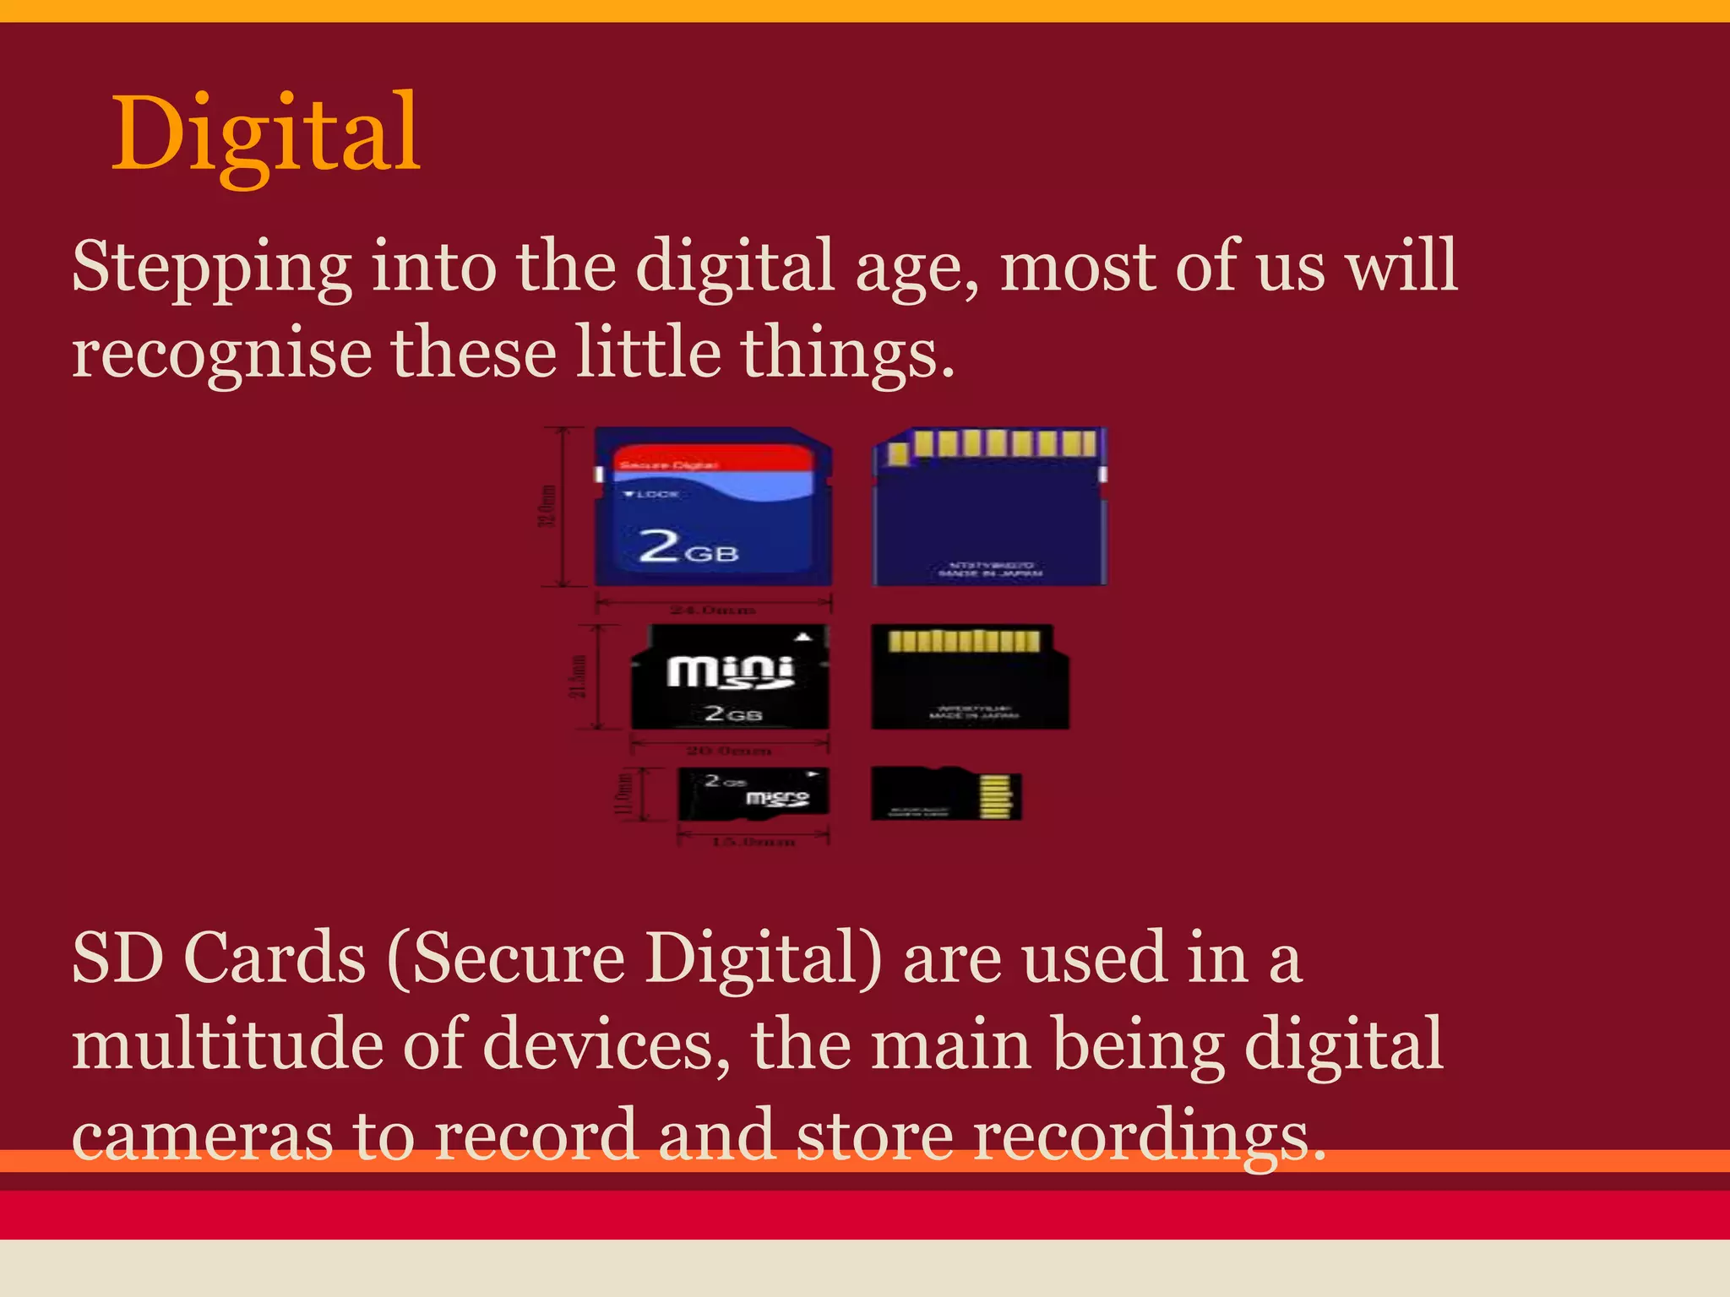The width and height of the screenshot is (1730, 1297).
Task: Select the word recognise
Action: coord(221,355)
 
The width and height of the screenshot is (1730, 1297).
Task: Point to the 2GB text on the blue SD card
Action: coord(688,546)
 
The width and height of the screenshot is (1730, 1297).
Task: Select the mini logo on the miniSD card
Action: coord(731,672)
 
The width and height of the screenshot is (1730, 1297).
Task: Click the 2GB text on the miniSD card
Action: coord(733,714)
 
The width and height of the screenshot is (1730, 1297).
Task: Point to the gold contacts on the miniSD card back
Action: coord(964,642)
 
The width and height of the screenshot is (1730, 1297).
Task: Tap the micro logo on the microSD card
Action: coord(777,798)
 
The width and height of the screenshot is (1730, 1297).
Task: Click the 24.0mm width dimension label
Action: coord(713,610)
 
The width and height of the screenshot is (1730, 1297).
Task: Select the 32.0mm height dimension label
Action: coord(548,505)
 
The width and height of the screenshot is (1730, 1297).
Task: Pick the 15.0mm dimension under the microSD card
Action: coord(753,842)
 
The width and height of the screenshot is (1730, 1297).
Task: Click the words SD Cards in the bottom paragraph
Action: coord(219,959)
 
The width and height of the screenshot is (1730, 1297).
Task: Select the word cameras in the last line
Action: coord(203,1137)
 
